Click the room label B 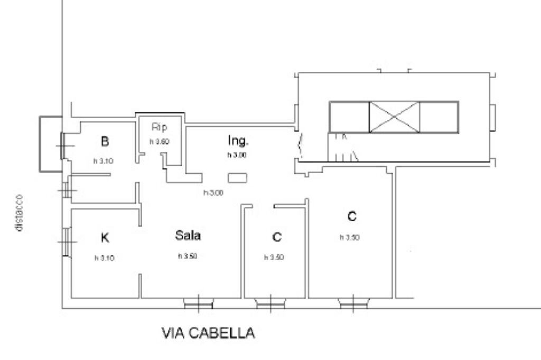tap(105, 141)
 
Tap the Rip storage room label tap(159, 127)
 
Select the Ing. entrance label tap(238, 140)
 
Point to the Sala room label tap(188, 235)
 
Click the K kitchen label tap(105, 238)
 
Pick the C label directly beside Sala tap(277, 237)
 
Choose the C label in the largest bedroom tap(352, 216)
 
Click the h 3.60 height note tap(159, 141)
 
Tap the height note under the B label tap(104, 162)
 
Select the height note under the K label tap(104, 258)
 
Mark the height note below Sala tap(188, 257)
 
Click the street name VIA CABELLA tap(208, 333)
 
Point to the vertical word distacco tap(19, 212)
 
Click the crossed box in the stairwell tap(394, 117)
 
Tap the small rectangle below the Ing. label tap(237, 178)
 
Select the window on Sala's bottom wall tap(198, 304)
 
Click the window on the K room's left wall tap(66, 242)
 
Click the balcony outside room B tap(50, 144)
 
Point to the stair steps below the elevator tap(342, 148)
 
